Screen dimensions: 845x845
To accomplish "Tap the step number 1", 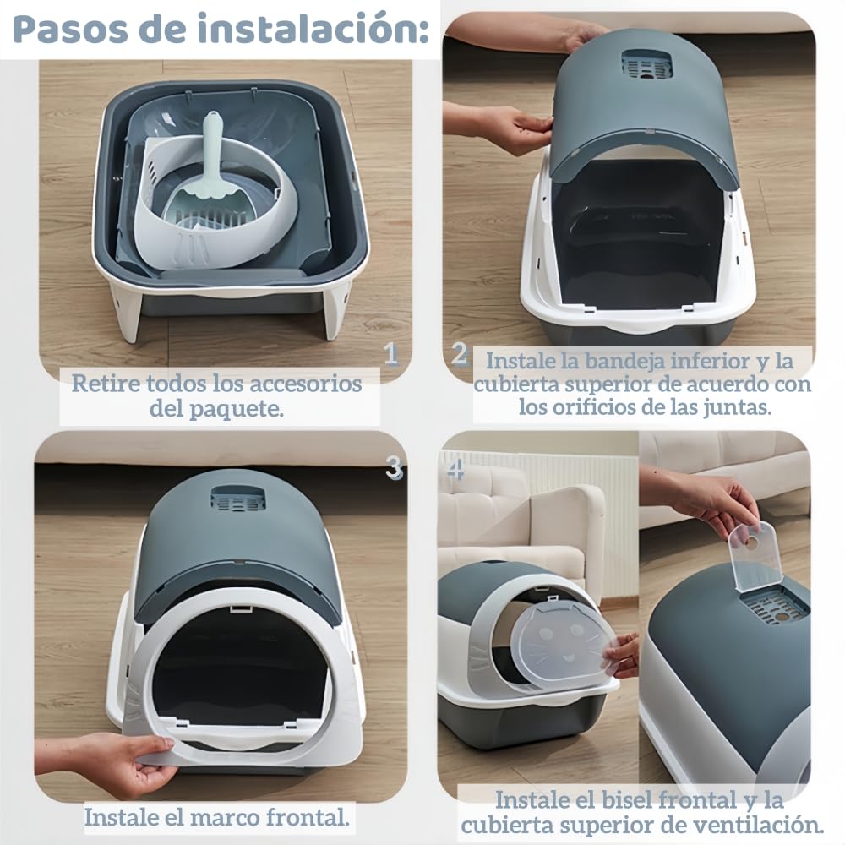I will (390, 353).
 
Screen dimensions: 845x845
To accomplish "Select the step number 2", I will (459, 353).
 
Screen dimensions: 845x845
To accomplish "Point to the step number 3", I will (394, 466).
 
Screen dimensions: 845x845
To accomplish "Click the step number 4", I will (456, 468).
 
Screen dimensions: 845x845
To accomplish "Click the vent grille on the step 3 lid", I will (236, 500).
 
